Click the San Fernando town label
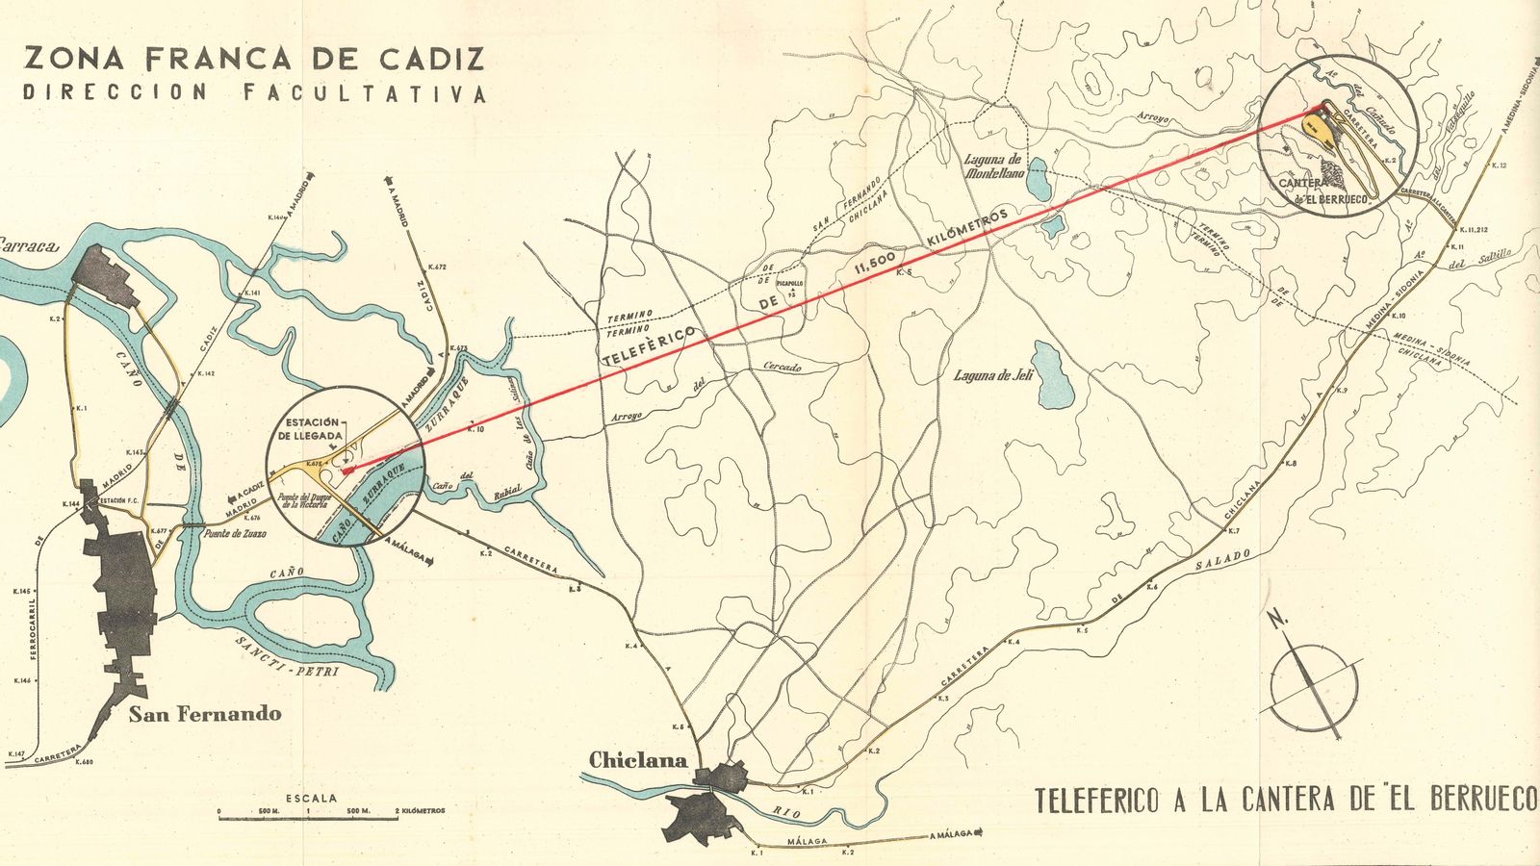pyautogui.click(x=205, y=714)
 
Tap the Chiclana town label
pyautogui.click(x=637, y=760)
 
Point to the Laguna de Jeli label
pyautogui.click(x=992, y=376)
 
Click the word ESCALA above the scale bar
pyautogui.click(x=312, y=798)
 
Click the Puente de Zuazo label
pyautogui.click(x=235, y=533)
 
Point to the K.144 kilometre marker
pyautogui.click(x=70, y=504)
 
